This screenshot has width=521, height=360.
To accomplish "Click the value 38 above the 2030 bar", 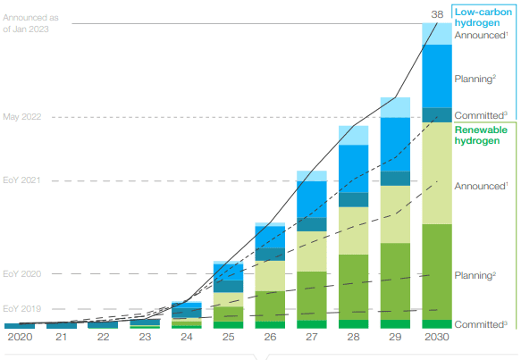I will tap(438, 13).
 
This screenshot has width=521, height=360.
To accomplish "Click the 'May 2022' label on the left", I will tap(22, 117).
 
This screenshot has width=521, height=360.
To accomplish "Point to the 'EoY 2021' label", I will tap(22, 181).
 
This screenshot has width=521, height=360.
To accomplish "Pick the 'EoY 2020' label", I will tap(22, 273).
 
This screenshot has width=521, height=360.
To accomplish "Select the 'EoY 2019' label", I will tap(22, 309).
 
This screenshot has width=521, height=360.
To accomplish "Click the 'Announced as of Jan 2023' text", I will tap(27, 23).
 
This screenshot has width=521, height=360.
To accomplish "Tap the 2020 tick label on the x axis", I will tap(19, 338).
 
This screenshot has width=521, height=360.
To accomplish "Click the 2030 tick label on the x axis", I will tap(436, 338).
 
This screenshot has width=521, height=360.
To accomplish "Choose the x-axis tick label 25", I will tap(228, 338).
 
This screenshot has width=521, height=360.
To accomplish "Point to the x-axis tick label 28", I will tap(353, 338).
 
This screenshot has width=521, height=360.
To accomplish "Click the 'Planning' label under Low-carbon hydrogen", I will tap(475, 79).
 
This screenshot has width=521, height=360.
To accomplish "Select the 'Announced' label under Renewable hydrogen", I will tap(481, 186).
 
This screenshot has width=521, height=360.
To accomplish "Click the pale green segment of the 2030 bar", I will tap(436, 173).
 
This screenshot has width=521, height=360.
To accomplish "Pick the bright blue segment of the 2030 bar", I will tap(436, 75).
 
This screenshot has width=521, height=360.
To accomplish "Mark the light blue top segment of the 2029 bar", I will tap(395, 107).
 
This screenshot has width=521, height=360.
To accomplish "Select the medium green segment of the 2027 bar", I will tap(311, 295).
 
